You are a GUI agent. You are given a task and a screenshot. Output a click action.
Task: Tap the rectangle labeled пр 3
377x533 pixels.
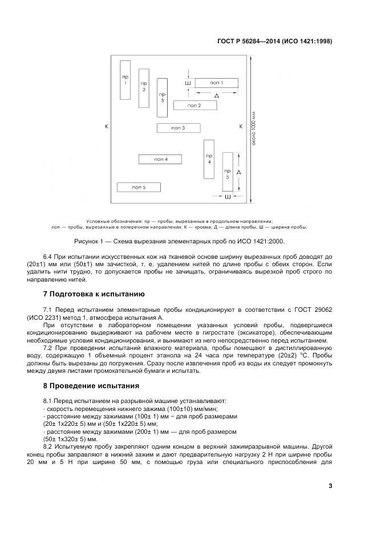click(162, 96)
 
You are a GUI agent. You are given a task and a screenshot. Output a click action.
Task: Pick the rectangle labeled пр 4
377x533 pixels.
click(209, 159)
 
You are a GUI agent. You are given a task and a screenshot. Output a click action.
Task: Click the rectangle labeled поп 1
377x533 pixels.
click(216, 83)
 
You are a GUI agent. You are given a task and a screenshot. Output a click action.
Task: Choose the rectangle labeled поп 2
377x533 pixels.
click(194, 105)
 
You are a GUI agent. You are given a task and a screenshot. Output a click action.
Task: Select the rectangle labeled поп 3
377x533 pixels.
click(178, 128)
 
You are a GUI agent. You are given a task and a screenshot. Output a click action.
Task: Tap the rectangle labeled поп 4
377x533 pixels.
click(160, 159)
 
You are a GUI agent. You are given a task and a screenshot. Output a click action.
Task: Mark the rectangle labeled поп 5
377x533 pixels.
click(139, 187)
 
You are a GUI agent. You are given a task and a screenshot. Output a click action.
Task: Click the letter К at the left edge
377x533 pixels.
click(106, 126)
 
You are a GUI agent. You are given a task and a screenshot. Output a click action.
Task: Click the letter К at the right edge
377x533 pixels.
click(240, 126)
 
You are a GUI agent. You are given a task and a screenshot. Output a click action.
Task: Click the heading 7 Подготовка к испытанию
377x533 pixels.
click(94, 294)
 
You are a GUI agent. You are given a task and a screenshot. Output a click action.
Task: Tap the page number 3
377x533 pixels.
click(330, 486)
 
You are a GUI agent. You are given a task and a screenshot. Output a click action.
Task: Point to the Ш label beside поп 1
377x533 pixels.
click(188, 83)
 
